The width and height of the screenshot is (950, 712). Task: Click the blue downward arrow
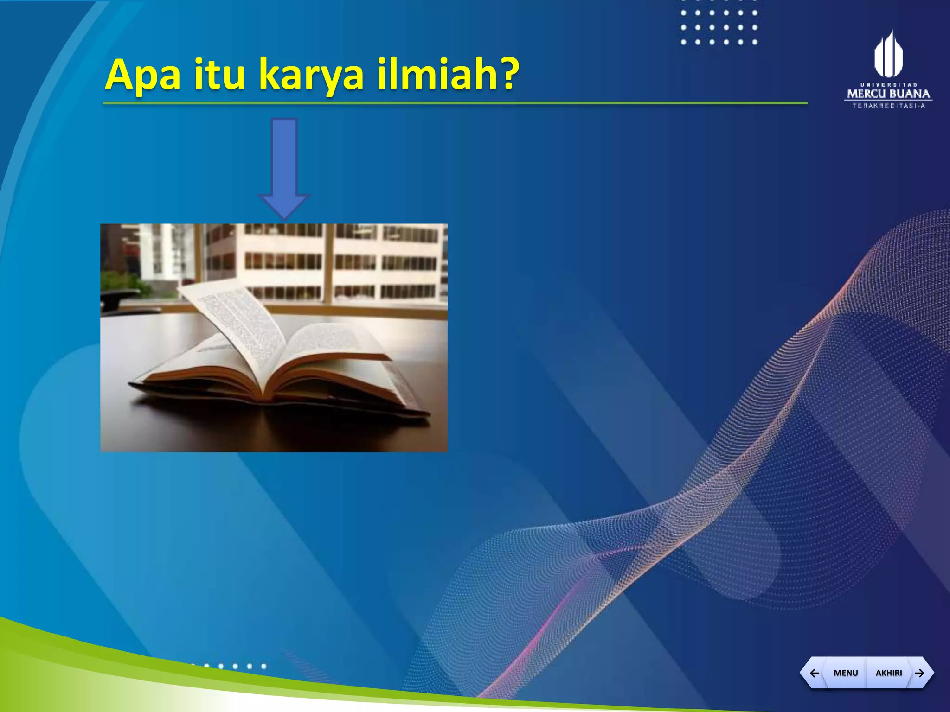tap(284, 167)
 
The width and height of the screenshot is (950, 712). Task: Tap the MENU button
tap(845, 673)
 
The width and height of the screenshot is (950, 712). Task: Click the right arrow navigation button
tap(919, 673)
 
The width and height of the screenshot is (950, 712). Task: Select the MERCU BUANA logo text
tap(888, 94)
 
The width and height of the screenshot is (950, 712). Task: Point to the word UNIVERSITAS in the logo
tap(888, 84)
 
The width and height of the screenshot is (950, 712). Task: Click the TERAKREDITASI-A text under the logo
tap(888, 106)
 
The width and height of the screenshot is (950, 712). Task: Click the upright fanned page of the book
tap(232, 320)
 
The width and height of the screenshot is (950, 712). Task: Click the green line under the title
tap(455, 103)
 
